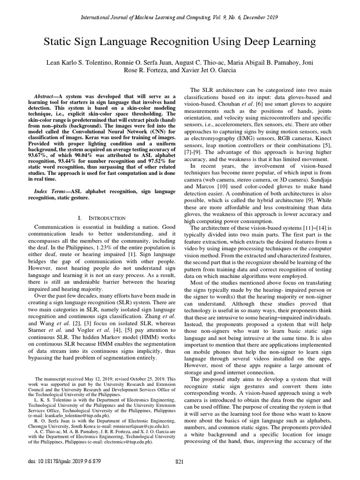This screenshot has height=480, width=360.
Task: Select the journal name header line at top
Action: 180,17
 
